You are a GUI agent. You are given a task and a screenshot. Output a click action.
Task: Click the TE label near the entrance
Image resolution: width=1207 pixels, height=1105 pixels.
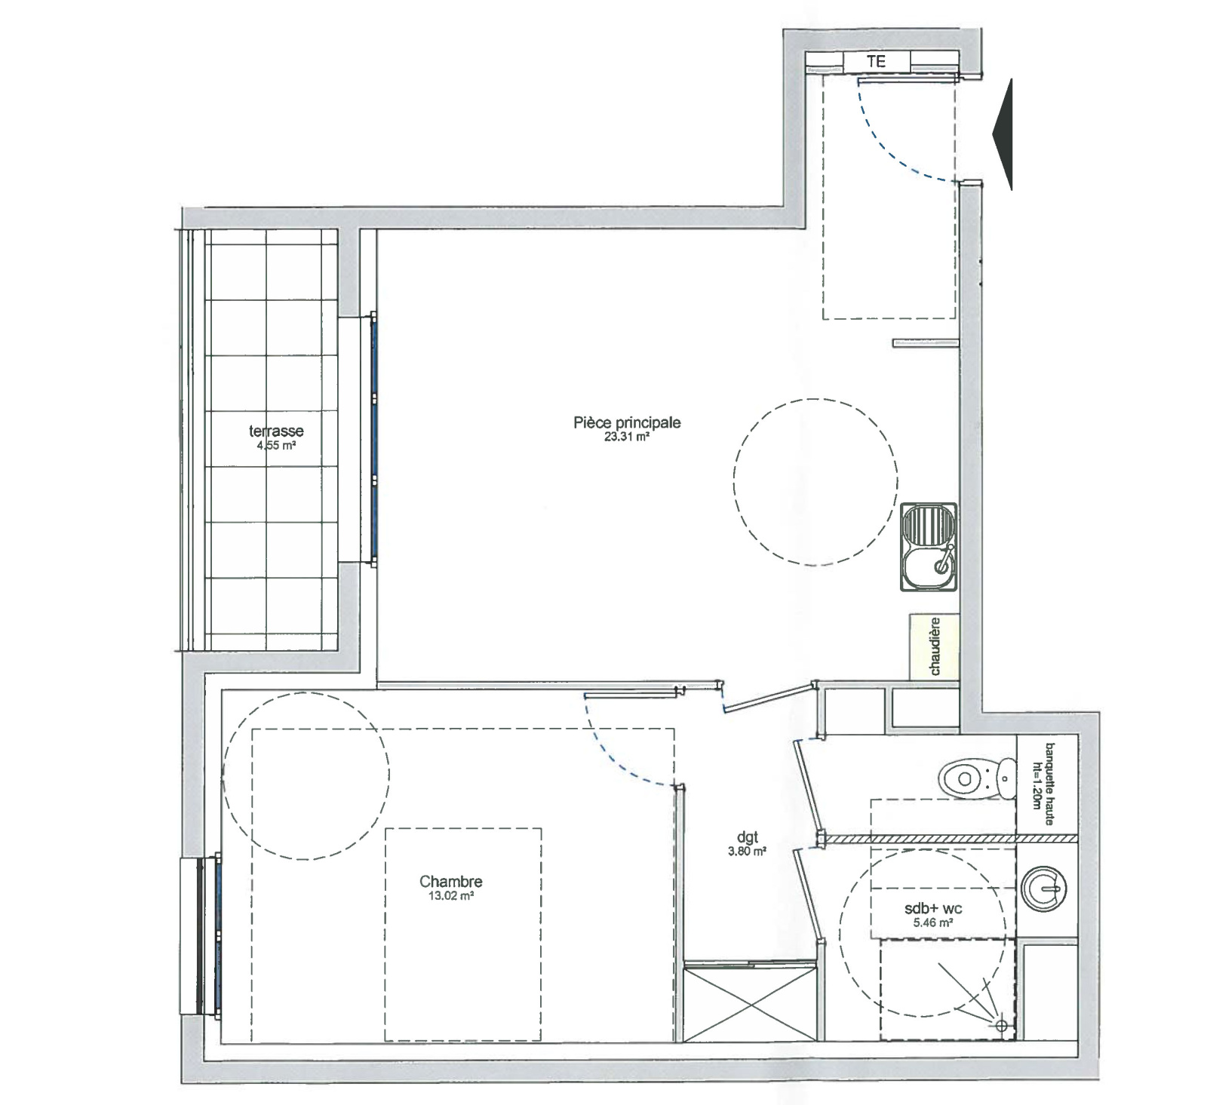tap(876, 62)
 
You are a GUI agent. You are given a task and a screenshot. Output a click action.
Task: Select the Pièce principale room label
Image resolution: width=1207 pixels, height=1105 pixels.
tap(627, 422)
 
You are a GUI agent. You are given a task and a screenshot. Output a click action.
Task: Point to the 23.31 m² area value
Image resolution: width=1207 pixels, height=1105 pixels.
tap(627, 437)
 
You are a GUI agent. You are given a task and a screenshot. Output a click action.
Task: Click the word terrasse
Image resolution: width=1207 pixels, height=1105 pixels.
tap(276, 431)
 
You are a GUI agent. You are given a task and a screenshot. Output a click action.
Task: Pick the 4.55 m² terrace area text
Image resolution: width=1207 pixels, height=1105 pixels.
tap(276, 445)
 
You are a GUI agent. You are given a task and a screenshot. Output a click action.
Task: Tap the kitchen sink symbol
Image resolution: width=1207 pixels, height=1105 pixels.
tap(928, 546)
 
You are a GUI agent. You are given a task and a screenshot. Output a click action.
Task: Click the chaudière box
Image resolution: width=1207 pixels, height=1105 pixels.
tap(934, 646)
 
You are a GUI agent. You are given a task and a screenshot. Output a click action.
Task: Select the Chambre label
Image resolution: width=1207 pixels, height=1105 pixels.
tap(451, 881)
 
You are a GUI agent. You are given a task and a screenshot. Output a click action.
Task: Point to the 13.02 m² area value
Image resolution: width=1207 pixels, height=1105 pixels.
tap(451, 896)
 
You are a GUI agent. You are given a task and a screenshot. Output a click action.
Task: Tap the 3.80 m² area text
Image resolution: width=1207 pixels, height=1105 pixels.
tap(748, 852)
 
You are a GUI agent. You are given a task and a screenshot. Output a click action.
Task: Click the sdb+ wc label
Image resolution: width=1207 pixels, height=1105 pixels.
tap(933, 909)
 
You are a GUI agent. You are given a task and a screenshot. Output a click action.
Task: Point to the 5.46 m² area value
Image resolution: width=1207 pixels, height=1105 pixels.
tap(933, 922)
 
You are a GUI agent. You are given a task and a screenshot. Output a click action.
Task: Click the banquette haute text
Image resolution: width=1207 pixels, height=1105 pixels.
tap(1048, 784)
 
